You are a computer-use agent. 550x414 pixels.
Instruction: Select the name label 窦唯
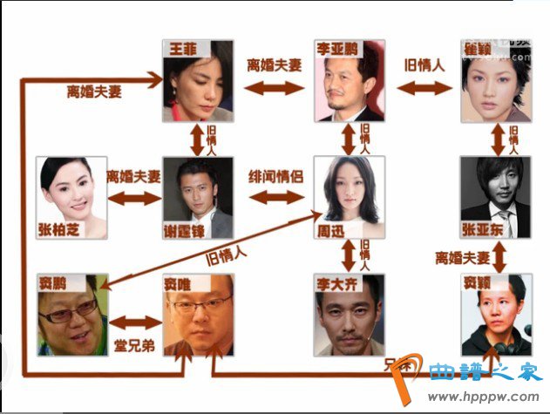(x=177, y=282)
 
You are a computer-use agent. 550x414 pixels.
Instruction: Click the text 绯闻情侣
(x=276, y=174)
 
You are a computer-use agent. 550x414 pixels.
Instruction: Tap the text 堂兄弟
(x=134, y=344)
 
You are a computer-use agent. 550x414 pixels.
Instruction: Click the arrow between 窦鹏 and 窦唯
(x=134, y=321)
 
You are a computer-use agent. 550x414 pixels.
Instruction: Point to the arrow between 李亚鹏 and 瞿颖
(x=425, y=87)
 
